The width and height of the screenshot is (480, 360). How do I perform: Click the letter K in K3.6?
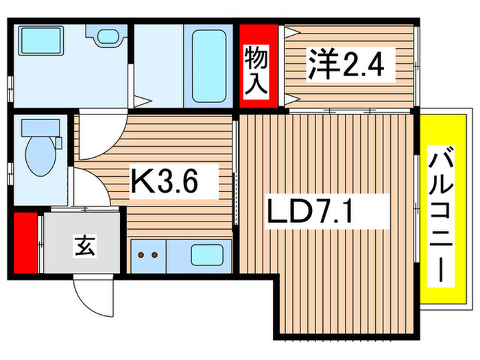click(141, 182)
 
